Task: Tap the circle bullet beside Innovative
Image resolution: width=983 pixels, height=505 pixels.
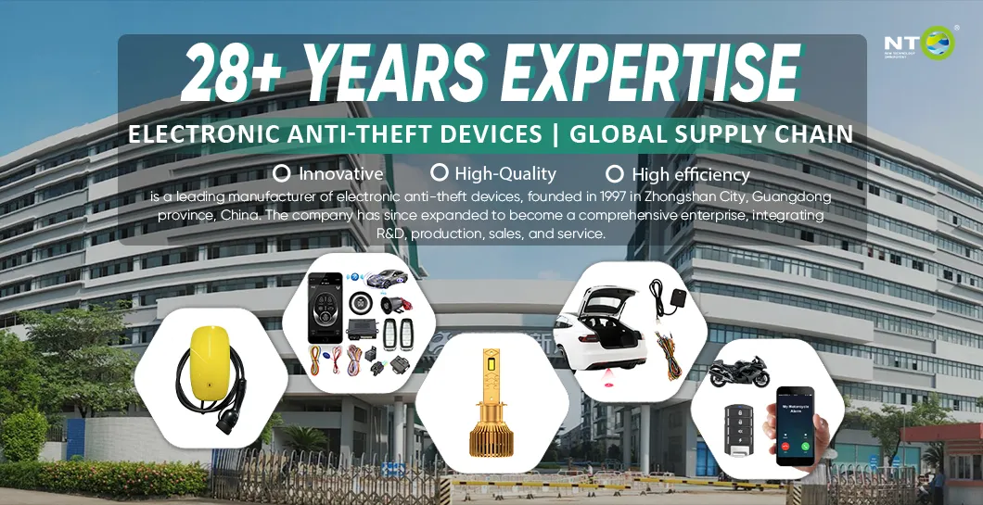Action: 282,172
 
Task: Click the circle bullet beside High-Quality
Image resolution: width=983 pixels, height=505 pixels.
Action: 440,172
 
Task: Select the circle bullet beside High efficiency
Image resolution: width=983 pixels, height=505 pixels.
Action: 613,173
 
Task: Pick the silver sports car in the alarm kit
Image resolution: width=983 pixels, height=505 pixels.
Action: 385,278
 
